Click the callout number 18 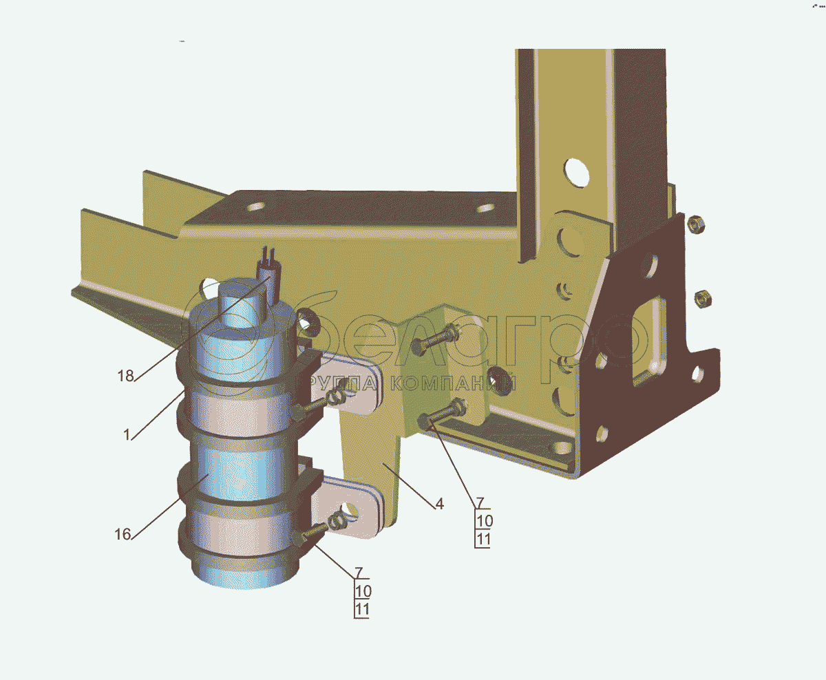pos(126,376)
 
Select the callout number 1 pos(127,435)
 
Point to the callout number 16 pos(123,534)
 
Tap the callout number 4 pos(440,504)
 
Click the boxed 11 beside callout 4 pos(483,540)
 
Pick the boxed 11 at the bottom pos(362,610)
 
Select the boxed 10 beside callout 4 pos(485,521)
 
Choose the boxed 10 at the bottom pos(363,591)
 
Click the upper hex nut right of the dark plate pos(696,224)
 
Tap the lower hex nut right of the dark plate pos(703,299)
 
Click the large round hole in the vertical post pos(576,173)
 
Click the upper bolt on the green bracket pos(436,339)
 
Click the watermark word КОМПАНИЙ pos(453,384)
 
